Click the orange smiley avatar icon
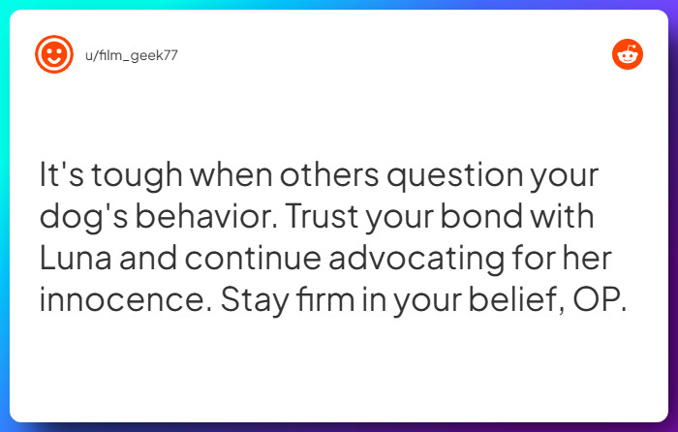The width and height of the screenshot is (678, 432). pos(54,54)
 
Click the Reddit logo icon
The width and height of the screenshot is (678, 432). pos(628,54)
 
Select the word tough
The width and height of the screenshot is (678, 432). pos(127,177)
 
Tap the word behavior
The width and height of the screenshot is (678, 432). pos(212,219)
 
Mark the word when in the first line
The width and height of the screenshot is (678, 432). pos(226,177)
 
